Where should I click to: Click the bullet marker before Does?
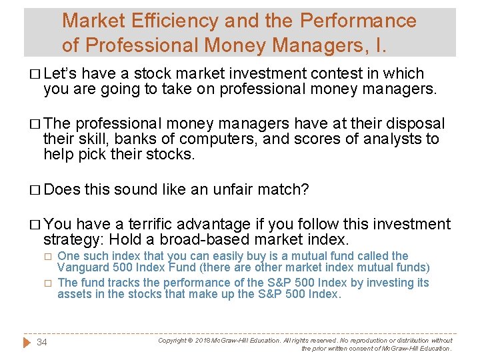(33, 190)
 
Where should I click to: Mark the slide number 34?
(42, 342)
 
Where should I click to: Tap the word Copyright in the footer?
(173, 340)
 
